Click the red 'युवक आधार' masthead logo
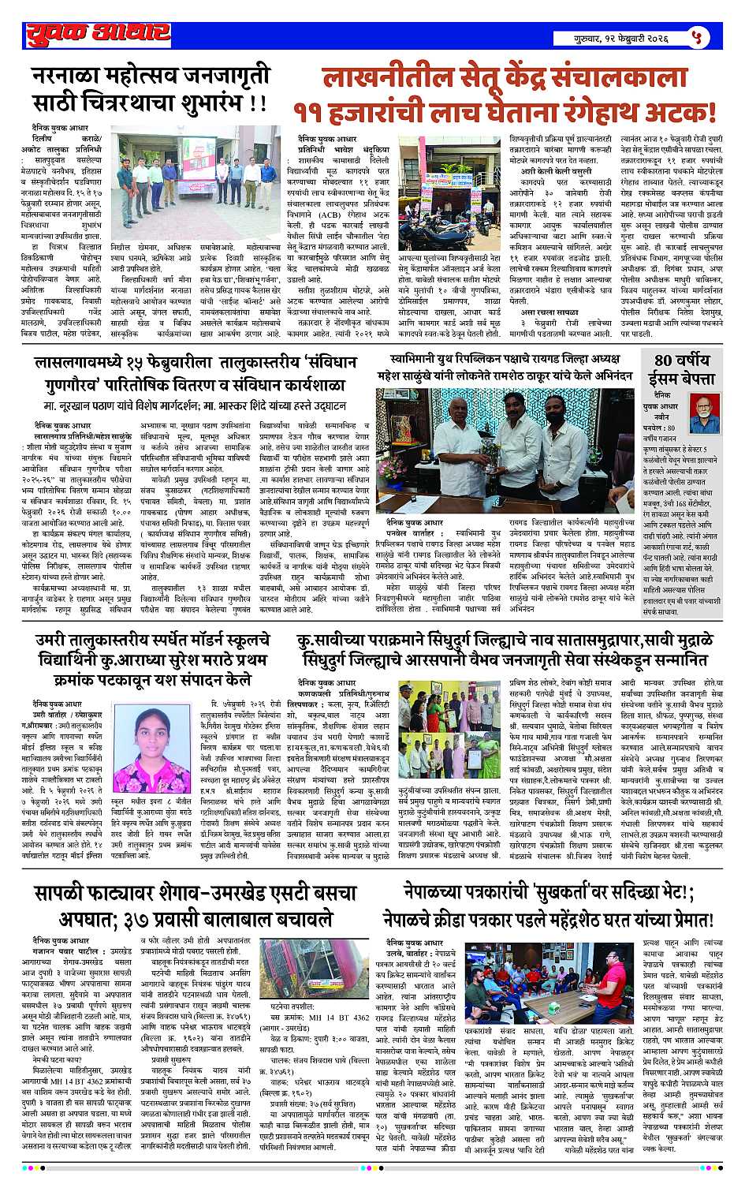[97, 32]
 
